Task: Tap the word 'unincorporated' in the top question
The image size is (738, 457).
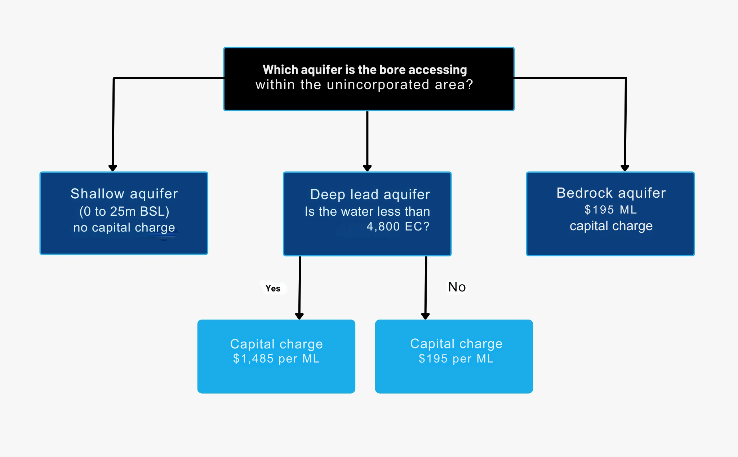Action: [x=378, y=85]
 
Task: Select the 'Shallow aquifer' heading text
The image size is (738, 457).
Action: [x=124, y=194]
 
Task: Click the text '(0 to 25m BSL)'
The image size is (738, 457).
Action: [x=124, y=211]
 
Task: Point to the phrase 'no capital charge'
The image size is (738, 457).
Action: [x=124, y=228]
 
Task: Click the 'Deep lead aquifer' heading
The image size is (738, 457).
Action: [x=370, y=194]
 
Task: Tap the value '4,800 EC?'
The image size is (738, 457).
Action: [x=398, y=227]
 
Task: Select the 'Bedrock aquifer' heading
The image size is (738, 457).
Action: [x=611, y=193]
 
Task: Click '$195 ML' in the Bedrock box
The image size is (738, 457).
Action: [x=610, y=210]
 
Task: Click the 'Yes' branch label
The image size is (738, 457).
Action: [x=273, y=288]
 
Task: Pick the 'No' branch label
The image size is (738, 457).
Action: [x=457, y=287]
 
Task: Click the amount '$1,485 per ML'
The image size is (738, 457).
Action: [x=276, y=359]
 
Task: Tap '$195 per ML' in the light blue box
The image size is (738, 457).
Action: [x=456, y=359]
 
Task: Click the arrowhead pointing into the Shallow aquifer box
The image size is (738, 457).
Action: [x=113, y=168]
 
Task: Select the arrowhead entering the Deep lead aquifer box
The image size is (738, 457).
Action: [x=367, y=168]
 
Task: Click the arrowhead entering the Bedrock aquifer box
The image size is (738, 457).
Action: [x=625, y=168]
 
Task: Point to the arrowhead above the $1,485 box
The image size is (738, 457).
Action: [x=299, y=316]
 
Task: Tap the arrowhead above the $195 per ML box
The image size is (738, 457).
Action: [x=425, y=316]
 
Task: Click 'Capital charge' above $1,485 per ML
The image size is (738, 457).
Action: [x=276, y=344]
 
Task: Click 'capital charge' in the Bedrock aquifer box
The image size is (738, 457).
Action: [x=611, y=226]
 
